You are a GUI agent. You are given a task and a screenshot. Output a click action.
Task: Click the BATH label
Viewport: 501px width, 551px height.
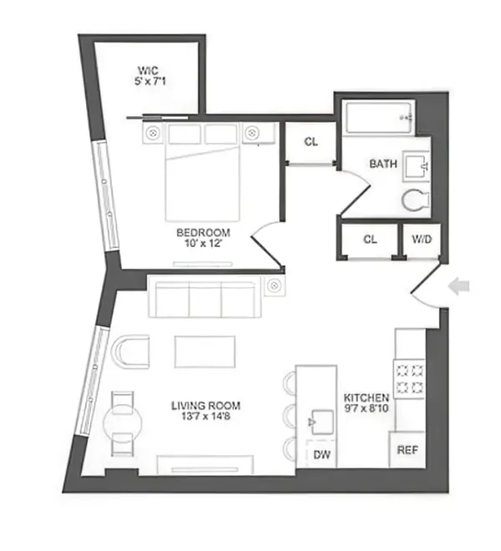tap(382, 164)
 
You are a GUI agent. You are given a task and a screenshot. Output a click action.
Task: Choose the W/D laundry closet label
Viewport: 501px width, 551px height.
tap(422, 239)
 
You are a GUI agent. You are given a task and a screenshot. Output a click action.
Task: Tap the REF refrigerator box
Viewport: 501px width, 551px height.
tap(407, 449)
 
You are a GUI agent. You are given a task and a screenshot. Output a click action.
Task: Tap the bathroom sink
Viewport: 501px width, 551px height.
tap(414, 167)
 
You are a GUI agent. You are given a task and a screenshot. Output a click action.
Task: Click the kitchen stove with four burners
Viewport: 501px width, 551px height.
tap(409, 377)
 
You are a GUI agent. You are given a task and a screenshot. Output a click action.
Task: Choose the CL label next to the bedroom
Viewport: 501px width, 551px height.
tap(311, 142)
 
